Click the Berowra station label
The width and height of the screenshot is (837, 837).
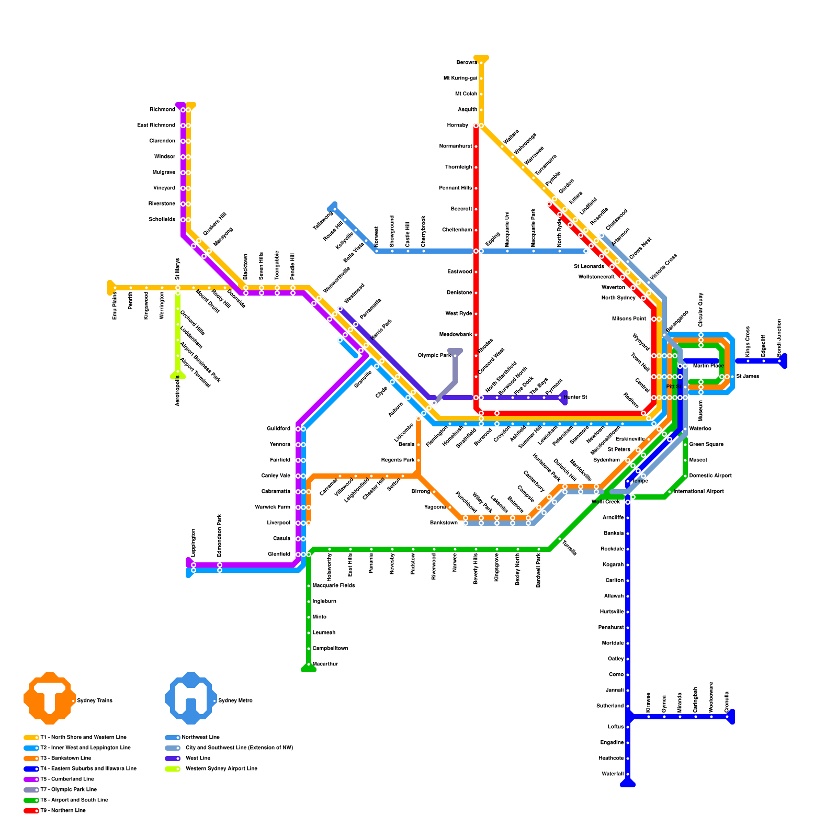pyautogui.click(x=467, y=63)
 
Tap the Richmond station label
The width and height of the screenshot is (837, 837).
pyautogui.click(x=162, y=110)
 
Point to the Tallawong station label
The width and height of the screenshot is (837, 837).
pyautogui.click(x=323, y=221)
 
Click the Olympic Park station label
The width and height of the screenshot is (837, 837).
pyautogui.click(x=434, y=356)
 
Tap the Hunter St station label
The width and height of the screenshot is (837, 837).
pyautogui.click(x=575, y=398)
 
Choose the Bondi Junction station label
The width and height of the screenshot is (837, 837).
pyautogui.click(x=779, y=338)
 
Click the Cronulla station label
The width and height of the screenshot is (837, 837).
pyautogui.click(x=727, y=702)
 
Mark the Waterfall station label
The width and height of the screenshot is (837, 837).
pyautogui.click(x=613, y=774)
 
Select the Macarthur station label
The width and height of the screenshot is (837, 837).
pyautogui.click(x=325, y=664)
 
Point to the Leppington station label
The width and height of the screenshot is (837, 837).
pyautogui.click(x=194, y=543)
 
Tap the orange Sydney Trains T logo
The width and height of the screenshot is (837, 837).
pyautogui.click(x=49, y=698)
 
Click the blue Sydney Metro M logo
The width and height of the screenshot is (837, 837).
pyautogui.click(x=190, y=698)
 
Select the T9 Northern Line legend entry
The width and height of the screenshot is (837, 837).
pyautogui.click(x=63, y=811)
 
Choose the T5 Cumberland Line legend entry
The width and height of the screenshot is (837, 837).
pyautogui.click(x=67, y=779)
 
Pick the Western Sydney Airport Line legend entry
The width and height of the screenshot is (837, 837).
pyautogui.click(x=221, y=769)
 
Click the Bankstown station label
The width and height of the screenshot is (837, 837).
pyautogui.click(x=444, y=523)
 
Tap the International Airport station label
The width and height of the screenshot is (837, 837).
pyautogui.click(x=698, y=492)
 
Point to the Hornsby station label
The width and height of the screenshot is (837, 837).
pyautogui.click(x=458, y=126)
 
